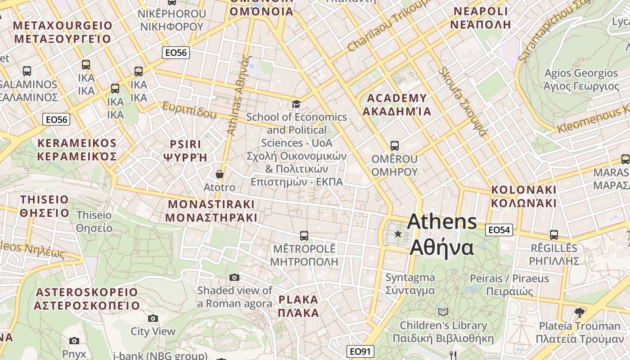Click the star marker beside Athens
click(398, 234)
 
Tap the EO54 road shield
click(499, 230)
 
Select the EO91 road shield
click(360, 351)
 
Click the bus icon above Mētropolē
click(304, 235)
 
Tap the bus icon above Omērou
click(395, 145)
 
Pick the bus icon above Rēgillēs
click(553, 234)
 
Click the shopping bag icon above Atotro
click(220, 174)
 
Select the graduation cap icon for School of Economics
click(296, 104)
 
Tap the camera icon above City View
click(153, 318)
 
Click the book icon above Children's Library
click(443, 312)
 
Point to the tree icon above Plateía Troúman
click(580, 312)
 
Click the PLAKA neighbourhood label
click(298, 306)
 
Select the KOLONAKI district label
click(524, 196)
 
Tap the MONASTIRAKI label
click(211, 211)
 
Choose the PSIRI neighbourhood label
click(185, 151)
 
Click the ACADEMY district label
click(397, 104)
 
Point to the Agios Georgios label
click(581, 79)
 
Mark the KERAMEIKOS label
click(77, 149)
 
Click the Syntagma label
click(410, 283)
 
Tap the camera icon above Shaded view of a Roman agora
click(234, 277)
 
